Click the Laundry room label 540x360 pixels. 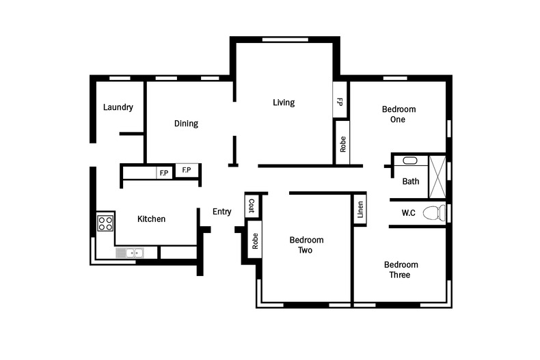[x=118, y=107]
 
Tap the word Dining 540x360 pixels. [x=186, y=123]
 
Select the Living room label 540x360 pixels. [x=284, y=102]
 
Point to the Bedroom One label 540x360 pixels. [x=399, y=114]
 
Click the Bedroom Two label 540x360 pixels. [x=306, y=245]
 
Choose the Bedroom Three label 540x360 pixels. [x=401, y=269]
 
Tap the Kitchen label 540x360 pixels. [x=151, y=219]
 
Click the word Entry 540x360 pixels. [x=221, y=212]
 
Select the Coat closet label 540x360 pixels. [x=252, y=206]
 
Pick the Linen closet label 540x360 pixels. [x=360, y=210]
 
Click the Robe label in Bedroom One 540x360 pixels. [x=342, y=144]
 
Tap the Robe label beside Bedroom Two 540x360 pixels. [x=255, y=241]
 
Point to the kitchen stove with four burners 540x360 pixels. [x=105, y=223]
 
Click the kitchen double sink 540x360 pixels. [x=130, y=253]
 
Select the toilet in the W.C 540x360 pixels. [x=434, y=213]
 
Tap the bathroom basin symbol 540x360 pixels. [x=410, y=161]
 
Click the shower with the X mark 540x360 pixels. [x=437, y=177]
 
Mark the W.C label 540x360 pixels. [x=409, y=213]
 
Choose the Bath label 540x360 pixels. [x=411, y=181]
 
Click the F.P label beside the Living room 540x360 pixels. [x=340, y=102]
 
